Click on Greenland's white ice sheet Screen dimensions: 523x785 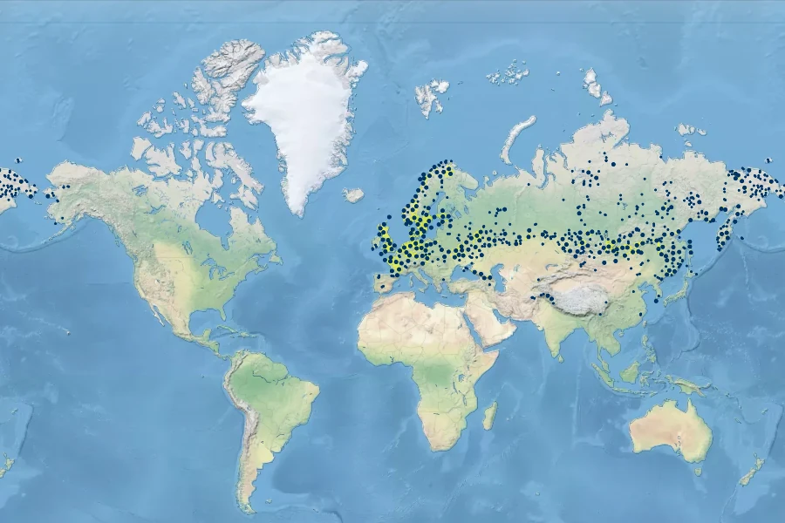point(301,122)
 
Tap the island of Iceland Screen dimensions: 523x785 point(353,195)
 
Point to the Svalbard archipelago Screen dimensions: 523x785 point(432,94)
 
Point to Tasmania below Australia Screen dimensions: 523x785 point(696,472)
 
